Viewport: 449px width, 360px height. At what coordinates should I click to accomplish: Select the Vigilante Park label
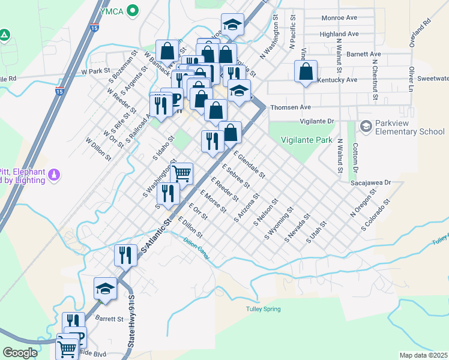(x=306, y=140)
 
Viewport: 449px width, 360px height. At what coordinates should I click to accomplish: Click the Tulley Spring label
(x=263, y=310)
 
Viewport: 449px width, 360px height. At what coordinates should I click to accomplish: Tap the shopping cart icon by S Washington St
(x=182, y=173)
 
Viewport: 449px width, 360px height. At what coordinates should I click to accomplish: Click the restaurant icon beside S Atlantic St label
(x=125, y=254)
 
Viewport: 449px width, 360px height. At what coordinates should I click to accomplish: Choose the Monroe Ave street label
(x=340, y=18)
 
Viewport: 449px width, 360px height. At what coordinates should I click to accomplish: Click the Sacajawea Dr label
(x=371, y=182)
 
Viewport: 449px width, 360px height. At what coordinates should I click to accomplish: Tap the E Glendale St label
(x=249, y=165)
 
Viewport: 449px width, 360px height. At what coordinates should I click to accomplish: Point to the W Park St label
(x=94, y=71)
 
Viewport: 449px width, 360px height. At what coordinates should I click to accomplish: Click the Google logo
(x=20, y=352)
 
